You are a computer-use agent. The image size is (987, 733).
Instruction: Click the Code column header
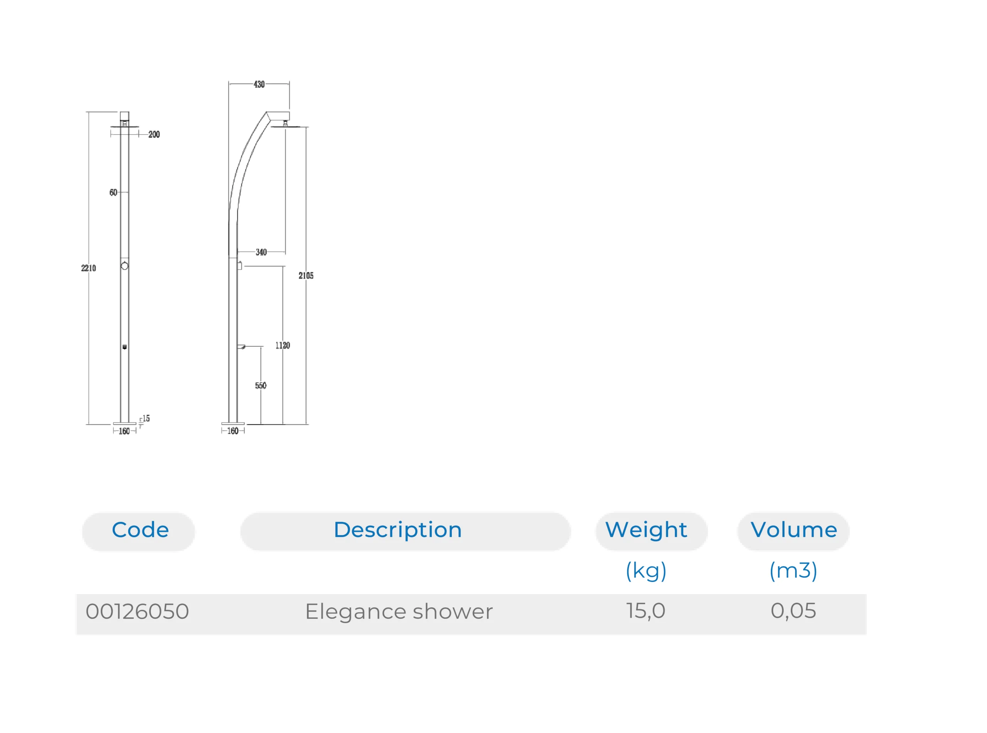point(140,530)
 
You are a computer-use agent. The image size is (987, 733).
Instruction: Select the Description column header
point(397,530)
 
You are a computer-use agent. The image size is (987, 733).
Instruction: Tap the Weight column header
point(646,530)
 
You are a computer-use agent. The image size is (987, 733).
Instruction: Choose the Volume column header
point(793,530)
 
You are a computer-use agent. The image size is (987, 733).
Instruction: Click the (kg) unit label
point(646,571)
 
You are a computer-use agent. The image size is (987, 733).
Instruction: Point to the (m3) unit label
point(793,571)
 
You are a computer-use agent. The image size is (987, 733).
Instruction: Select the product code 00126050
point(137,612)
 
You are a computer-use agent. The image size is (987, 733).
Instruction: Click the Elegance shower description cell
point(399,612)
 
